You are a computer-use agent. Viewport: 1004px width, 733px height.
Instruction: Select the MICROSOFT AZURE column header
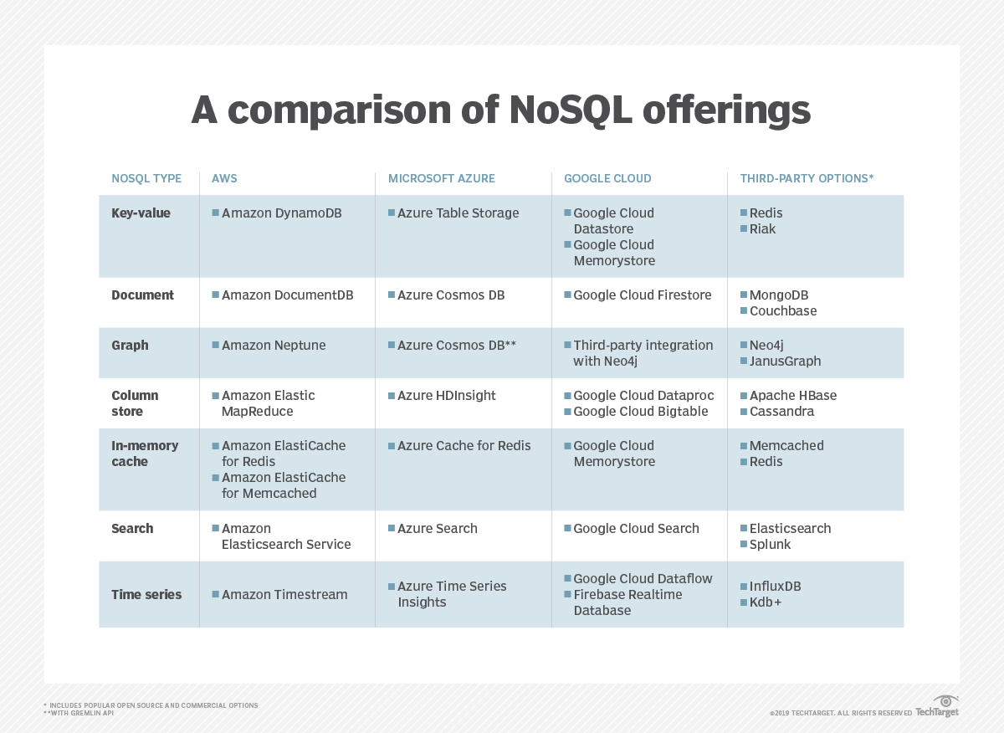pos(441,178)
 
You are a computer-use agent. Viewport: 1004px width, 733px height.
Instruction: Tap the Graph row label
pos(130,345)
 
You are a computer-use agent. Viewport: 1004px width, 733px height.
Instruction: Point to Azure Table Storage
pos(458,213)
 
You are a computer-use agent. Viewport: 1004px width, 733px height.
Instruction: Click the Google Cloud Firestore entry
pos(642,295)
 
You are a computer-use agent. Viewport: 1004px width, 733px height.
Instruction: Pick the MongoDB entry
pos(778,295)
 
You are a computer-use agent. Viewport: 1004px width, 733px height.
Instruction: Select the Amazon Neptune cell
pos(274,345)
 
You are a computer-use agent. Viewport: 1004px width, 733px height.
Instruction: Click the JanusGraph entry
pos(785,361)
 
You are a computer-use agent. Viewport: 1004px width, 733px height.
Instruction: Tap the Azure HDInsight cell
pos(446,395)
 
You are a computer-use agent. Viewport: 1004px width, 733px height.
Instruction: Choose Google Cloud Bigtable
pos(640,412)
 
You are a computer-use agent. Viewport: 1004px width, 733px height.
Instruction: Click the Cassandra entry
pos(781,412)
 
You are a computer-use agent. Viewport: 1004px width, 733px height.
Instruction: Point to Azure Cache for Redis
pos(464,446)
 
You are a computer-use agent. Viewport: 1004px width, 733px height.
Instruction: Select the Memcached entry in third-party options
pos(786,446)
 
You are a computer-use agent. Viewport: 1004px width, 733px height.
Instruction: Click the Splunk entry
pos(770,545)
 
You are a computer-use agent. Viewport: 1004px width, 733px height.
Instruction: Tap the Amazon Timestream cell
pos(284,595)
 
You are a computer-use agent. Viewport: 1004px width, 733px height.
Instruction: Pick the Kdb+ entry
pos(765,602)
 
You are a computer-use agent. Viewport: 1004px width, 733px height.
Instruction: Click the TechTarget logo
pos(938,707)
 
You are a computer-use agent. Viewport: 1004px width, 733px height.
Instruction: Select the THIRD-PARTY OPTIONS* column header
pos(807,178)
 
